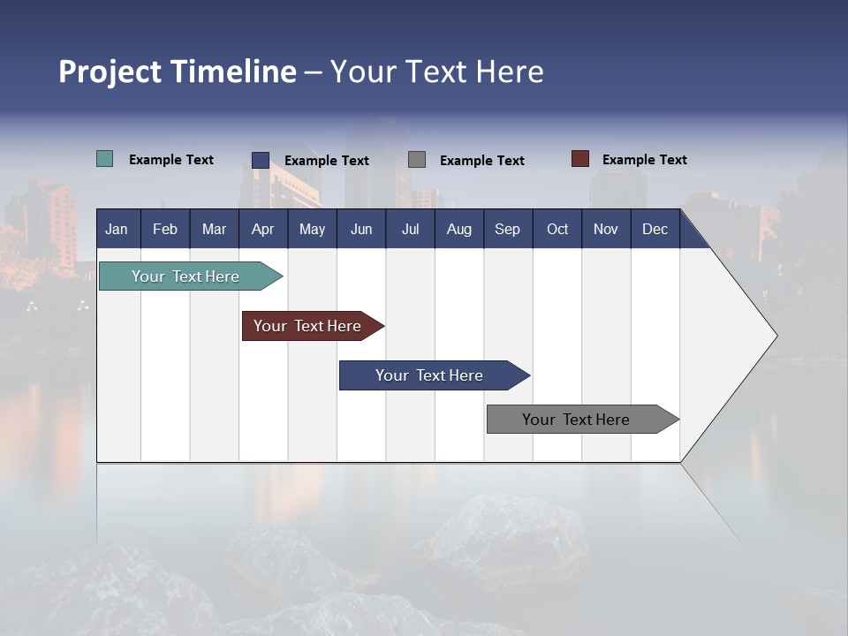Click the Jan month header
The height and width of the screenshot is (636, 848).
click(117, 229)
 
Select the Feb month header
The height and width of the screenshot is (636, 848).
click(165, 229)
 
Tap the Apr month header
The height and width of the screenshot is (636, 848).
click(262, 229)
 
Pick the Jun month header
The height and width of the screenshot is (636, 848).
click(361, 229)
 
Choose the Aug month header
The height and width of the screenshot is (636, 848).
click(458, 229)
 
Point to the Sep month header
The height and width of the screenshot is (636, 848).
click(507, 229)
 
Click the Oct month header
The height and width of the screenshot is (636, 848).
click(557, 229)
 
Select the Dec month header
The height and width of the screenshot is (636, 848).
click(655, 229)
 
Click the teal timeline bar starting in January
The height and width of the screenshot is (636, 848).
click(185, 276)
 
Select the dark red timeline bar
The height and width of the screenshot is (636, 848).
click(307, 326)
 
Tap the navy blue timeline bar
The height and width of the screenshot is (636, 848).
click(429, 375)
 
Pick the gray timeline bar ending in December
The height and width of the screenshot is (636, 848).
click(576, 420)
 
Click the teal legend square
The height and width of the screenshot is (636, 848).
click(104, 159)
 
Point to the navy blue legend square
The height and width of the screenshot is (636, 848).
click(260, 160)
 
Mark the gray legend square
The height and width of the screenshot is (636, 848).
click(417, 160)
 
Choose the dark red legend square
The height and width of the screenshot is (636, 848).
click(579, 159)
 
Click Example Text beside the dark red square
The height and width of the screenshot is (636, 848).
click(644, 160)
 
